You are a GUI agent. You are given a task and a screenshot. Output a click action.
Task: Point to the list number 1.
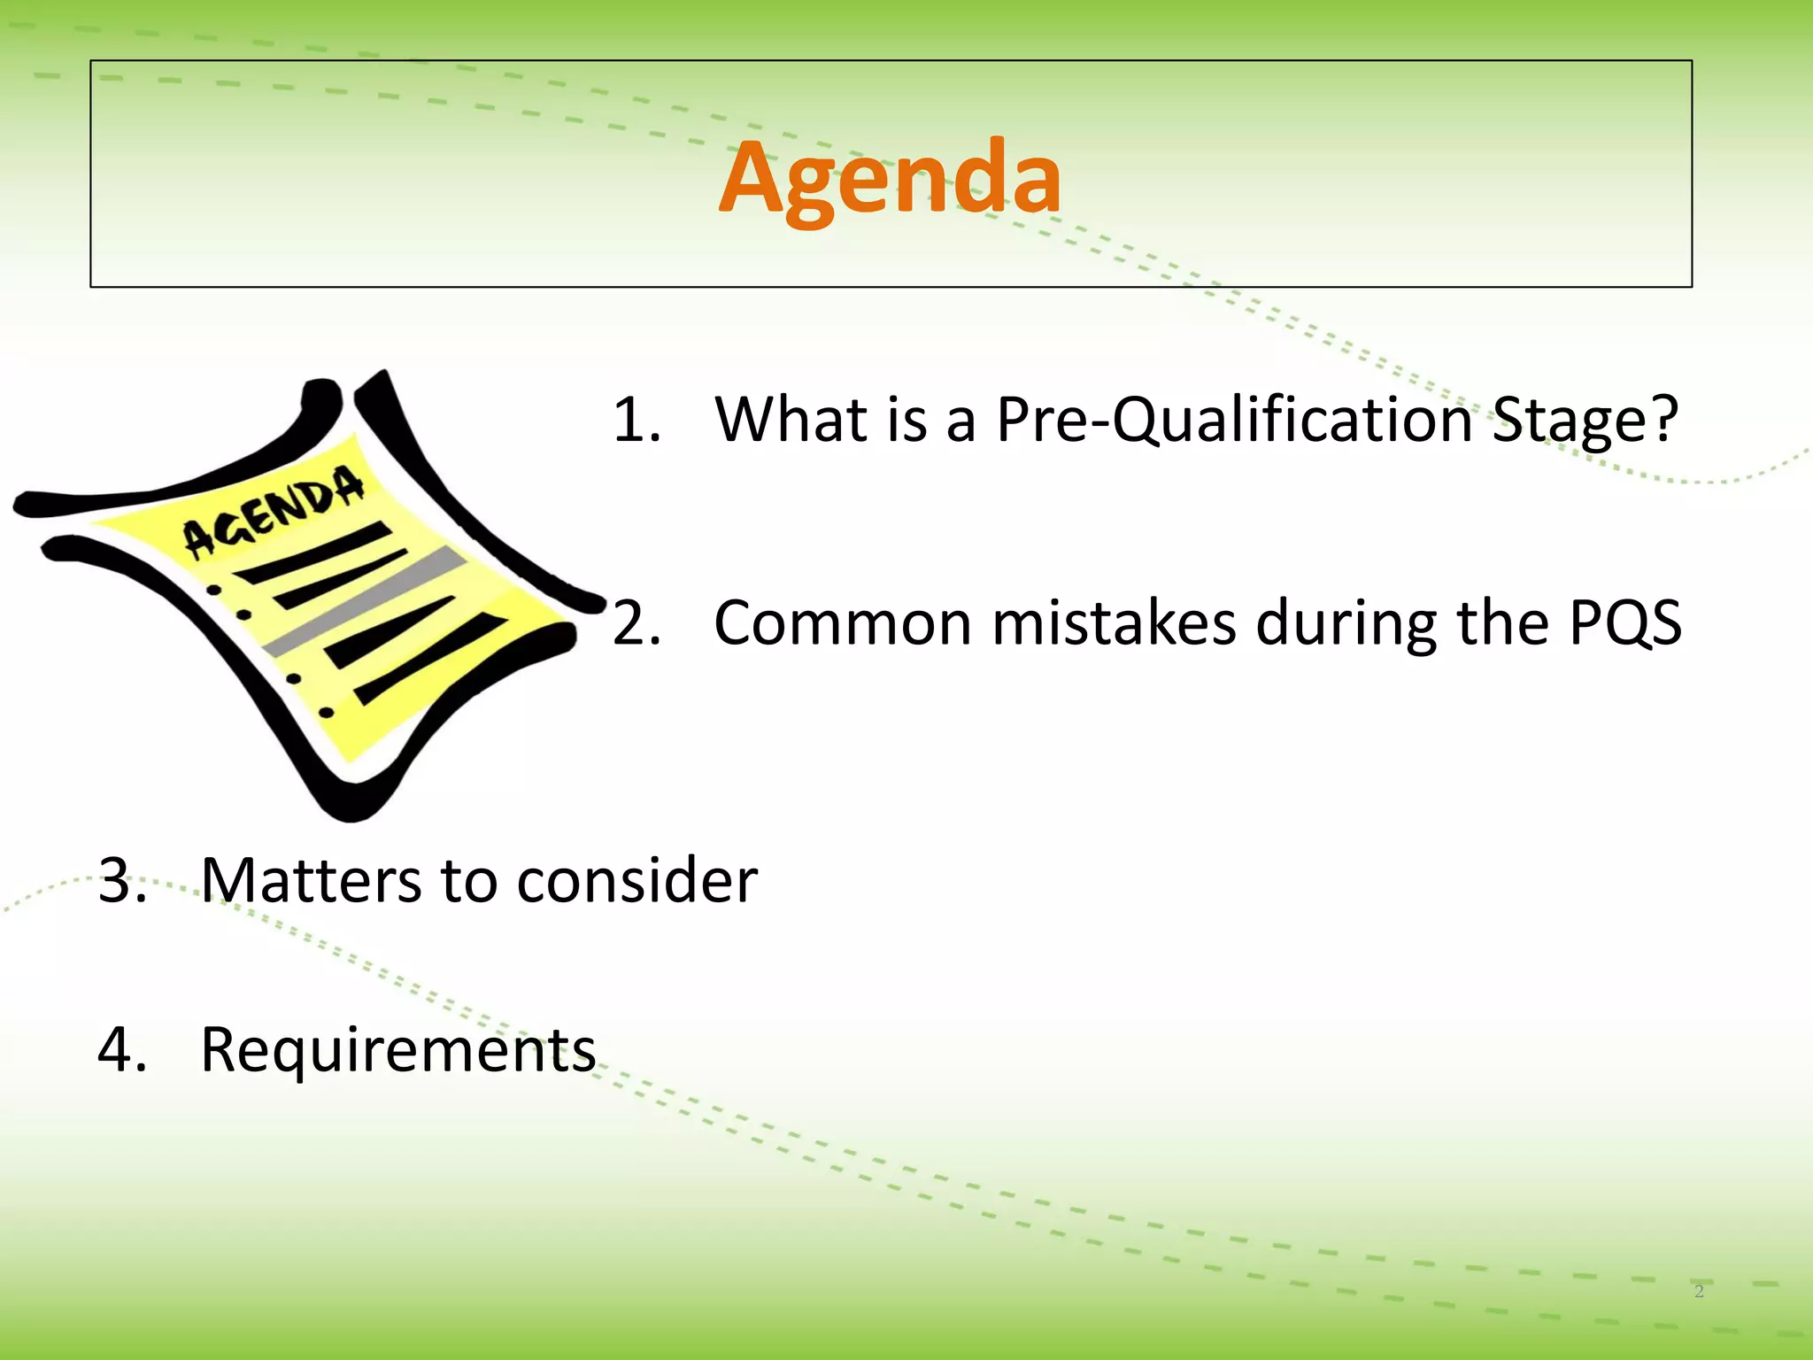[x=636, y=420]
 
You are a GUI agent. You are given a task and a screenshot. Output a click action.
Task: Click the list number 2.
[x=636, y=623]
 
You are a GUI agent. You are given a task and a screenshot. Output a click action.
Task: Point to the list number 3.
[x=122, y=880]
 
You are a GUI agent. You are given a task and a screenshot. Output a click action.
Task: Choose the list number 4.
[x=122, y=1049]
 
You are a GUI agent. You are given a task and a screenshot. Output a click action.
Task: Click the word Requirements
[x=398, y=1049]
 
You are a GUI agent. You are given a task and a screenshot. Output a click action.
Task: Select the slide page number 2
[x=1699, y=1291]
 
